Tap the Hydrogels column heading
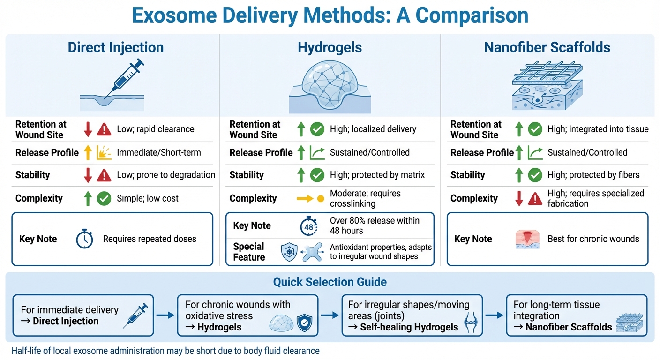click(x=330, y=47)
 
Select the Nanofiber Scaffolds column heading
click(x=547, y=47)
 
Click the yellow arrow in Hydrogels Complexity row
click(x=305, y=199)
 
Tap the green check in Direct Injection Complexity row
click(x=104, y=199)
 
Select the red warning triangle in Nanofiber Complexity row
click(x=535, y=199)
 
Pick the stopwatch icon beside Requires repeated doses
click(x=85, y=239)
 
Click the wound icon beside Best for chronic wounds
click(x=525, y=239)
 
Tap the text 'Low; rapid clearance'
click(x=155, y=129)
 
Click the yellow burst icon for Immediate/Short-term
click(x=104, y=152)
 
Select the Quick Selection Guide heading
click(x=330, y=282)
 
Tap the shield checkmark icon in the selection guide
click(x=305, y=324)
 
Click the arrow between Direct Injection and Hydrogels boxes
click(x=165, y=315)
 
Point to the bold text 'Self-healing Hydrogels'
click(x=409, y=327)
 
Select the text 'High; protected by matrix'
click(x=377, y=175)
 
